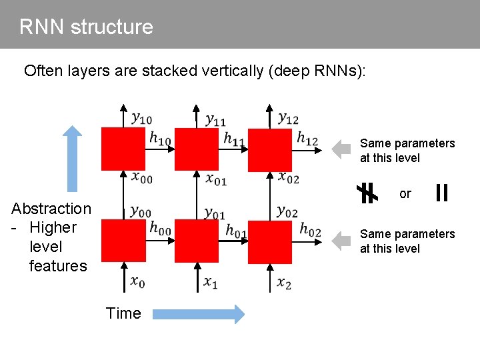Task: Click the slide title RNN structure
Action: click(86, 27)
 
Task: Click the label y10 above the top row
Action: click(141, 119)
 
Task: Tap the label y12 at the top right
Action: click(288, 119)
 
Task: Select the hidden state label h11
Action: click(234, 139)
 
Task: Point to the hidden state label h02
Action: click(310, 229)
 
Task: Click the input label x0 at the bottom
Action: click(138, 283)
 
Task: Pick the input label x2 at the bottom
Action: click(284, 283)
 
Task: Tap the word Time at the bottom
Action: click(123, 313)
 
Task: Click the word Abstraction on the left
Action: click(51, 209)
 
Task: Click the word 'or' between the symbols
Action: click(405, 194)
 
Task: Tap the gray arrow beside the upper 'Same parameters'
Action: click(341, 149)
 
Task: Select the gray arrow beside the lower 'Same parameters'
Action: click(341, 240)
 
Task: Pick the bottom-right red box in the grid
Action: click(270, 242)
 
